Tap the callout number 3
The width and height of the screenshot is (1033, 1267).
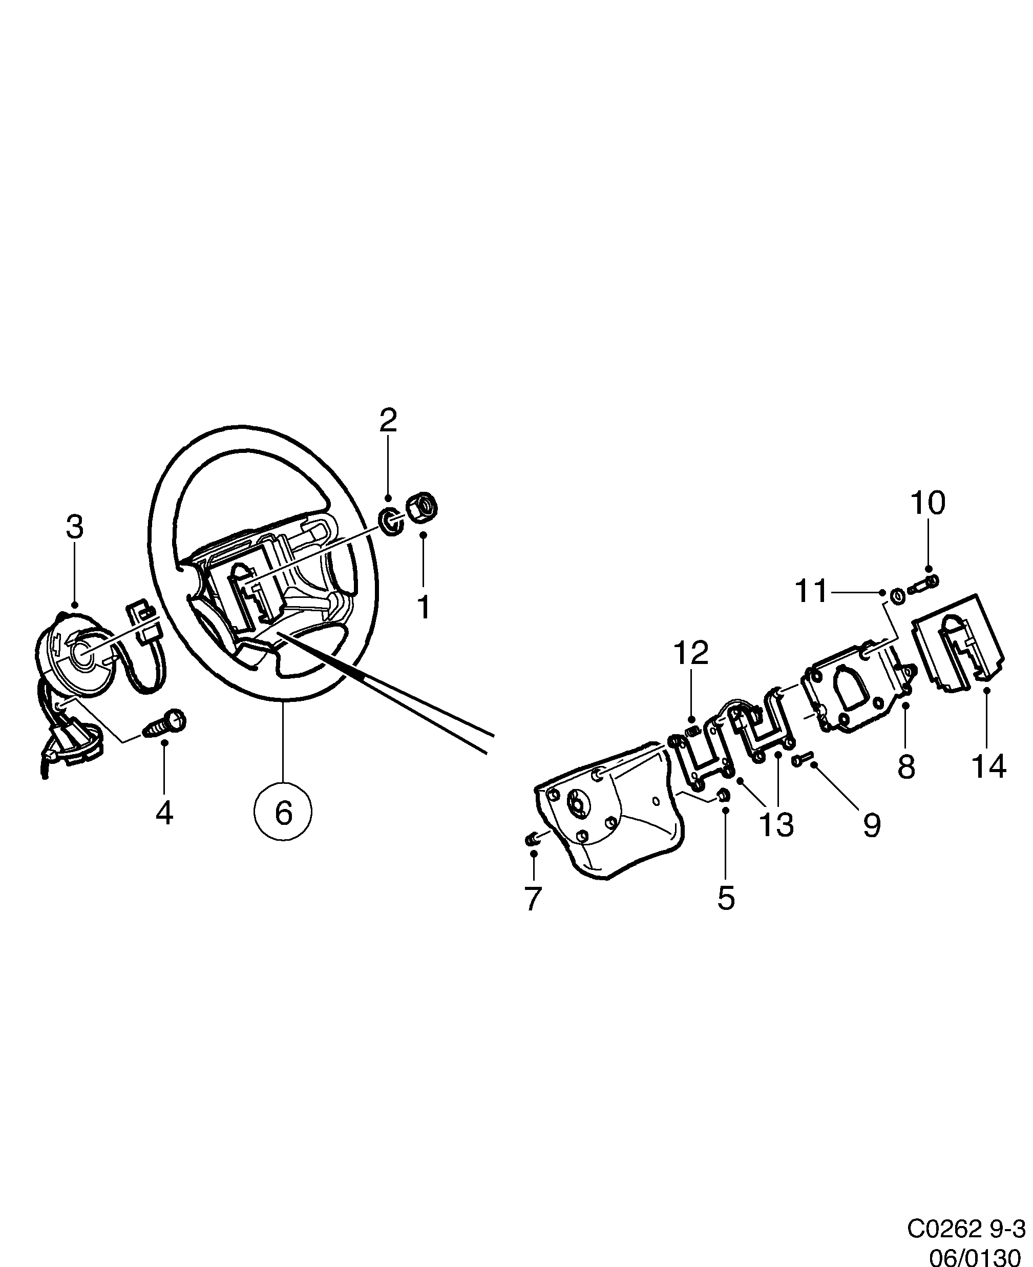coord(74,527)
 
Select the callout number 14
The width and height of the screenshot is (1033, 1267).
coord(988,766)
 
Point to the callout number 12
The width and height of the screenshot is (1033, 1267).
coord(691,653)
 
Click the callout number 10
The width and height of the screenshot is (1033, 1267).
coord(927,504)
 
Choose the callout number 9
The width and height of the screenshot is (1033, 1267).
coord(872,826)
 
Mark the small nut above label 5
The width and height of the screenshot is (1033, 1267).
coord(724,795)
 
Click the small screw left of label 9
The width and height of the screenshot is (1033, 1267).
coord(801,759)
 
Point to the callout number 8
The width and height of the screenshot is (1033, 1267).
coord(905,767)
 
